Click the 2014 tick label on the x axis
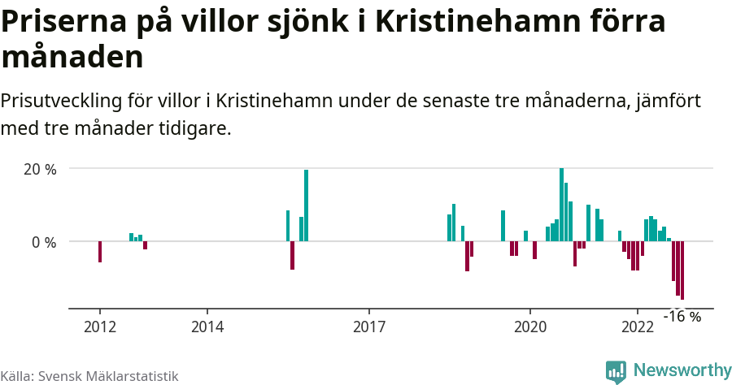click(207, 327)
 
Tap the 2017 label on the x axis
click(369, 327)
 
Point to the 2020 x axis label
click(530, 327)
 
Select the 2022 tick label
click(638, 327)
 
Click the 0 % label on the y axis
click(44, 242)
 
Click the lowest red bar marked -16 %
click(682, 270)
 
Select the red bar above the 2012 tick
click(100, 252)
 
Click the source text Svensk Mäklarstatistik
click(107, 376)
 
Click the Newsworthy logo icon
click(616, 372)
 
